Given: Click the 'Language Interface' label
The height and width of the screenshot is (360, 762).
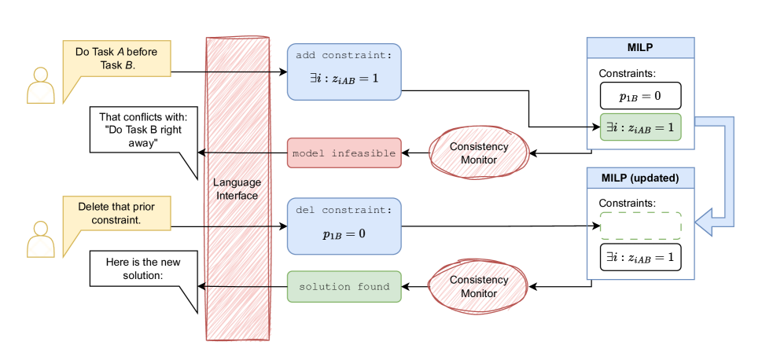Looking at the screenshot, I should (237, 189).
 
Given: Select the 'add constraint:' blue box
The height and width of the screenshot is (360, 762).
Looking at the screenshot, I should (344, 72).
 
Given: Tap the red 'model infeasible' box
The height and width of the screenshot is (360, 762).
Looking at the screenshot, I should (344, 153).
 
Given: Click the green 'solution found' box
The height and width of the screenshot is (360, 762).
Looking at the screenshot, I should (344, 287).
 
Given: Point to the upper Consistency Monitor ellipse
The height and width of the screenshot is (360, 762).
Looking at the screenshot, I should (479, 153).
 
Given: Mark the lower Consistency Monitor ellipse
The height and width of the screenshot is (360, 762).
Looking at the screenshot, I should (479, 287).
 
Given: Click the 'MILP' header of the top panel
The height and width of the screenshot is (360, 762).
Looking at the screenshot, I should (641, 47).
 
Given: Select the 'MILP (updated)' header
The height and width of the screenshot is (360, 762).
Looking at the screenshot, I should (641, 178).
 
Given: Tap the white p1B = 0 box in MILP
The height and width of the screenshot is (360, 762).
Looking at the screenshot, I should (640, 96).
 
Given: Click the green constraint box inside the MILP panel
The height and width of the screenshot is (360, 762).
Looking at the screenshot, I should (640, 127).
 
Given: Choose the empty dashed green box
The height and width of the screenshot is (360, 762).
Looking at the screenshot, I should (640, 226).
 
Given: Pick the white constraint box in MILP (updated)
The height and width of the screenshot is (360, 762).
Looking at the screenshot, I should (640, 257).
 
